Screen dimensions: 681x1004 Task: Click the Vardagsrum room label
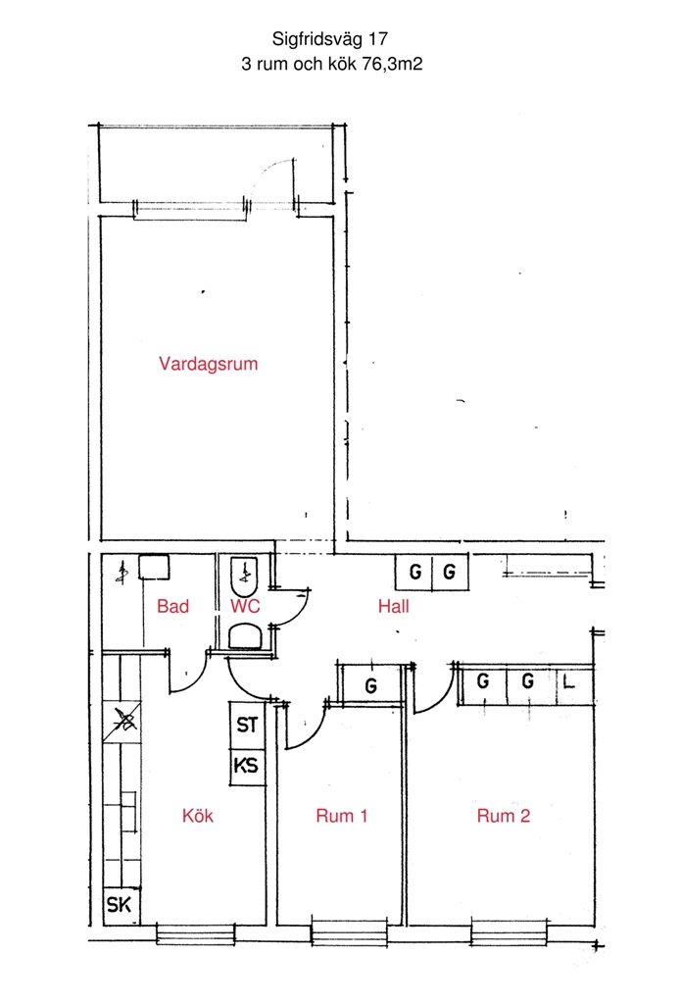click(x=208, y=364)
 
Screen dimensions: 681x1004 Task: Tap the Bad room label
click(x=172, y=606)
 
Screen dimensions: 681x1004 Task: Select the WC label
click(x=245, y=606)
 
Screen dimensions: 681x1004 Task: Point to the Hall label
click(x=394, y=606)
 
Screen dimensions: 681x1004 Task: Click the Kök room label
click(x=198, y=816)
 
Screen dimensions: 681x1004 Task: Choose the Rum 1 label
click(x=342, y=816)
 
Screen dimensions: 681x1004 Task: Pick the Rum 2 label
click(x=504, y=816)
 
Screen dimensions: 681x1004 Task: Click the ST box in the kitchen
click(x=247, y=726)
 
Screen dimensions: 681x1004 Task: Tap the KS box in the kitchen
click(x=247, y=767)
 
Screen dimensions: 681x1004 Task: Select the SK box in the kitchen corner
click(x=121, y=905)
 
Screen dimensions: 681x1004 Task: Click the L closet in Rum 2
click(x=575, y=684)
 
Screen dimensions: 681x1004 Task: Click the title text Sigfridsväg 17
click(x=329, y=39)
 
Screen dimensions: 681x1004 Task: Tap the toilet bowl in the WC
click(x=245, y=637)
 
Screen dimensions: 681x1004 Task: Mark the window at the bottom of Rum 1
click(x=350, y=931)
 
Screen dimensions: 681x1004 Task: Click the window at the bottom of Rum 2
click(x=510, y=931)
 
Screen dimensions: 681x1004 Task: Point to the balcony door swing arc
click(x=270, y=173)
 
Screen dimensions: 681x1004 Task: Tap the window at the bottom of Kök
click(x=196, y=933)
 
